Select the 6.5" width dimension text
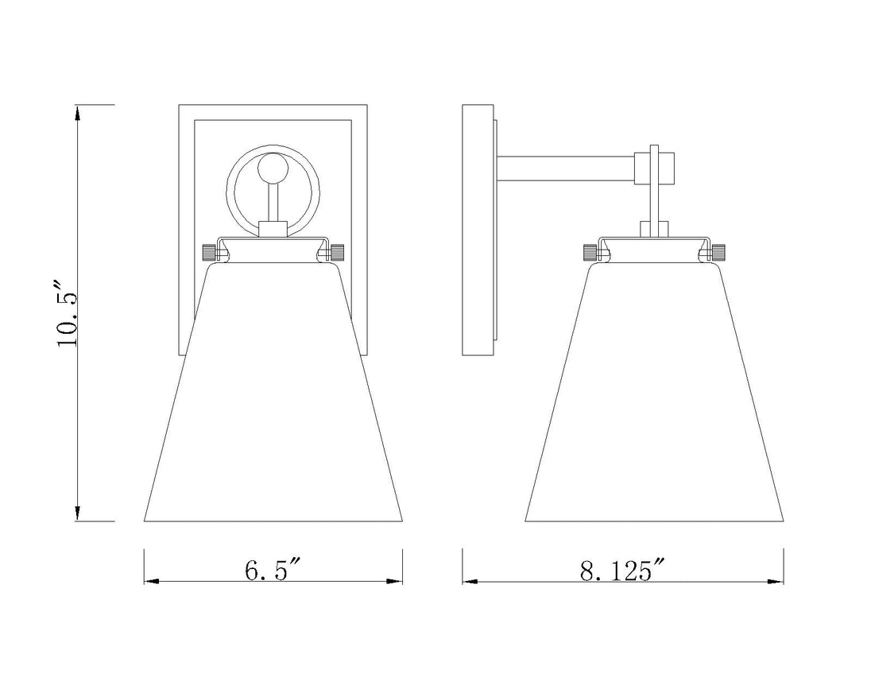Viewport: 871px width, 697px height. (272, 570)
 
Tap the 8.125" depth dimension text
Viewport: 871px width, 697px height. (623, 571)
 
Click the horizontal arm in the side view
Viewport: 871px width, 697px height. (566, 168)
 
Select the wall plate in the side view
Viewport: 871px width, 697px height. (478, 230)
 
